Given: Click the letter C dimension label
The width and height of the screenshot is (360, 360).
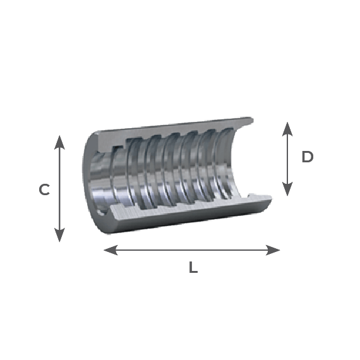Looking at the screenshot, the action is pyautogui.click(x=44, y=189).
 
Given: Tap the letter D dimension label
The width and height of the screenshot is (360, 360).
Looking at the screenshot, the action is pyautogui.click(x=308, y=157).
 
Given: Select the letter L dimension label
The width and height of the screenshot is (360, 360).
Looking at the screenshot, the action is pyautogui.click(x=193, y=267).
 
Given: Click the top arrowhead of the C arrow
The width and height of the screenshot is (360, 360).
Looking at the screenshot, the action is pyautogui.click(x=59, y=142).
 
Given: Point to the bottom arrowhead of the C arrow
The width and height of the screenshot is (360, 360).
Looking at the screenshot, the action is pyautogui.click(x=59, y=235).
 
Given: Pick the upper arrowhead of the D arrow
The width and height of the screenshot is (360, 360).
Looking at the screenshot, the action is pyautogui.click(x=287, y=129).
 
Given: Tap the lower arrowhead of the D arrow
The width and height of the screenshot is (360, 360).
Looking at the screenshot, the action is pyautogui.click(x=287, y=189).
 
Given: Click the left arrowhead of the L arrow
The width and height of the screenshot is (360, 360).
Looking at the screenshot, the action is pyautogui.click(x=111, y=250).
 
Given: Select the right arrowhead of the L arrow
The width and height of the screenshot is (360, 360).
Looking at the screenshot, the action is pyautogui.click(x=273, y=250).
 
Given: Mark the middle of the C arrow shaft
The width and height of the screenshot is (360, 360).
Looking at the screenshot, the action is pyautogui.click(x=59, y=189).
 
